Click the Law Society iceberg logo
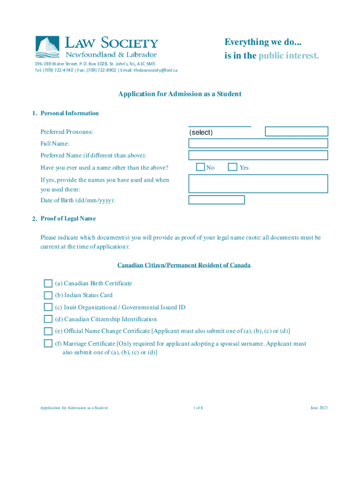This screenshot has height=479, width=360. point(48,47)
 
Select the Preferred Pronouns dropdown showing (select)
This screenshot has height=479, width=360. point(220,132)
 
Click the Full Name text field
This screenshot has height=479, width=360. point(258,143)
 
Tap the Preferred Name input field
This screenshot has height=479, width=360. point(258,155)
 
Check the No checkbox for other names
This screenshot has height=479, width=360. point(201,167)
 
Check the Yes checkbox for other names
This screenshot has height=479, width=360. point(232,167)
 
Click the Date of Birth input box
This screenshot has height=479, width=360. point(216,200)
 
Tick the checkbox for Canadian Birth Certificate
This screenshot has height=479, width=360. point(48,283)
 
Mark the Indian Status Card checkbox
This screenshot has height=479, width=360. point(48,295)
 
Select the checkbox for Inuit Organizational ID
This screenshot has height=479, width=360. point(48,307)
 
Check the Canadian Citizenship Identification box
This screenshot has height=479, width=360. point(48,319)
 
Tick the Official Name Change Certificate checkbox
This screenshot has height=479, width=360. point(48,331)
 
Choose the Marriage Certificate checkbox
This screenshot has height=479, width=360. point(48,343)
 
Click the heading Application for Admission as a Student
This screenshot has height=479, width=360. point(180,94)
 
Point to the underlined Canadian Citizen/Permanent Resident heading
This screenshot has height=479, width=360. point(184,265)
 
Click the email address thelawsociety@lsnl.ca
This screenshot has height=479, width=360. point(155,70)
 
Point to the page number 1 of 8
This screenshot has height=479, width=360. point(198,408)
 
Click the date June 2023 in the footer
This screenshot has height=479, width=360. point(318,408)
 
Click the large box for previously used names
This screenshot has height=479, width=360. point(258,184)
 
